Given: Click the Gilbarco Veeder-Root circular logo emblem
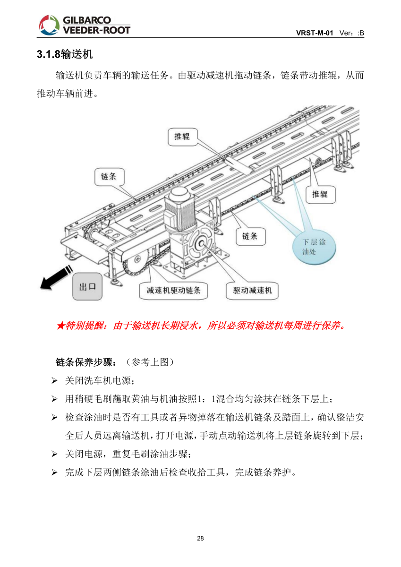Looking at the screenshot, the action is click(49, 25).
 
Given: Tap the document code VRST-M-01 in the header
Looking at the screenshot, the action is click(315, 33).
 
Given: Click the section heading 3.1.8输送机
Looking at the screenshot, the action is click(65, 54).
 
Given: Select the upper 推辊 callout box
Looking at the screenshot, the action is click(183, 137).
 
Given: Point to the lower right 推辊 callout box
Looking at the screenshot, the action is click(321, 194).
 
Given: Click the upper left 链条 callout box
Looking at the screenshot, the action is click(109, 176).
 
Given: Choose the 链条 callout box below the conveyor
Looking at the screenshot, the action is click(250, 236).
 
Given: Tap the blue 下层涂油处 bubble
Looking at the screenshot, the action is click(314, 247).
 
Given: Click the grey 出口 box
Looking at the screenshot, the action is click(87, 286).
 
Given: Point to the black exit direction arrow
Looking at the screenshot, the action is click(56, 278).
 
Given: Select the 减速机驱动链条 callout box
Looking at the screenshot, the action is click(173, 291).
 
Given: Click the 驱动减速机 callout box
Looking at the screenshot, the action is click(252, 291).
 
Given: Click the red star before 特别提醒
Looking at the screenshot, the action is click(61, 326).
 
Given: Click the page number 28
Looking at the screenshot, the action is click(200, 538).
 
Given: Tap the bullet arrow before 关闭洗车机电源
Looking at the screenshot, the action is click(54, 380).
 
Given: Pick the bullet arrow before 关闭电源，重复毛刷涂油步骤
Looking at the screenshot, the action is click(54, 454).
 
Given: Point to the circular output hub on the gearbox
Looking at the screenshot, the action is click(202, 243).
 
